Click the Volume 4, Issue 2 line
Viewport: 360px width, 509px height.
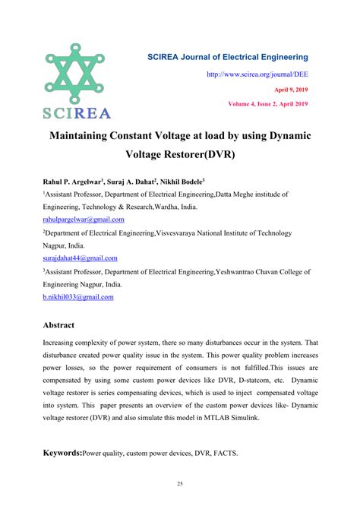268,103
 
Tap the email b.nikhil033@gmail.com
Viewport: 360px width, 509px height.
78,297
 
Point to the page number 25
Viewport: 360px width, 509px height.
180,484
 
